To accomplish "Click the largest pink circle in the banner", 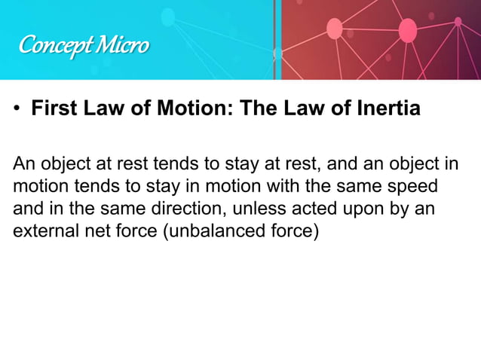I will [x=407, y=30].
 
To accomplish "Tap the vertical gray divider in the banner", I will [x=277, y=39].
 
